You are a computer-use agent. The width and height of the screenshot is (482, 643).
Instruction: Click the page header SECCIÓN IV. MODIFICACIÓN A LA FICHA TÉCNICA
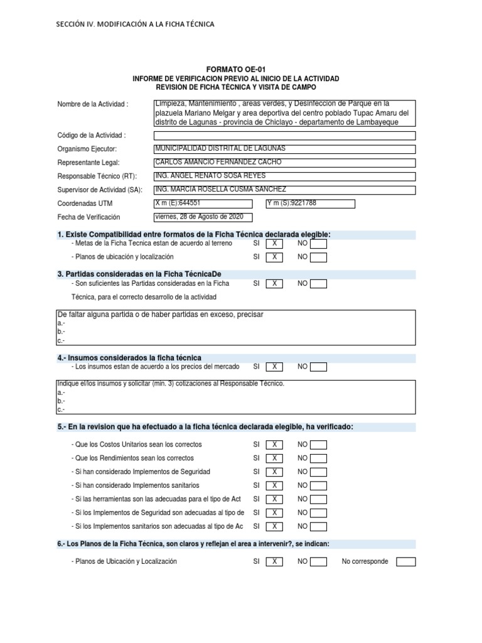[135, 24]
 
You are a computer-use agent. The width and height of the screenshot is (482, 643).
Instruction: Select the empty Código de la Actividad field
[284, 135]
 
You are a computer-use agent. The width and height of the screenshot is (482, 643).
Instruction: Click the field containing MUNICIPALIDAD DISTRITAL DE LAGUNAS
[284, 149]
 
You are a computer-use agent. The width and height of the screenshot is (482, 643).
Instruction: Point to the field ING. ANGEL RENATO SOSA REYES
[284, 176]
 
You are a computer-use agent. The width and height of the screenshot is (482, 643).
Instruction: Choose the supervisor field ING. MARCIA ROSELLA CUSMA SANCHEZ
[284, 190]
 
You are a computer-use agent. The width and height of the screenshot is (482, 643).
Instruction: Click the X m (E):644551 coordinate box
[203, 203]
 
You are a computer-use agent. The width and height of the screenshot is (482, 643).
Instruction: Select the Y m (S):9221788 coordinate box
[310, 203]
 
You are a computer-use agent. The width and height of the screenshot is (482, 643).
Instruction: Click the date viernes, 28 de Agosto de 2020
[203, 217]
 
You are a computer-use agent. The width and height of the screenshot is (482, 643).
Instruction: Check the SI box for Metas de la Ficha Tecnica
[274, 244]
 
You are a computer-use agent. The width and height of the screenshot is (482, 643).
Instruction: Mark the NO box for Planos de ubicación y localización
[319, 257]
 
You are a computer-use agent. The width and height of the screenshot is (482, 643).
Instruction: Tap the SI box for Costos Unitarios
[274, 445]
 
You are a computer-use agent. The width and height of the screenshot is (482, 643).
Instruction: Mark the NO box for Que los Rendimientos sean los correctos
[319, 458]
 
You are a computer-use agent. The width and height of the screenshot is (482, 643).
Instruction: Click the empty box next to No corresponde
[406, 561]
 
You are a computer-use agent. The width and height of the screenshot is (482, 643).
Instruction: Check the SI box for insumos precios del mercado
[274, 367]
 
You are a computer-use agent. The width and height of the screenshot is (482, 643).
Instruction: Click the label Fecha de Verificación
[88, 217]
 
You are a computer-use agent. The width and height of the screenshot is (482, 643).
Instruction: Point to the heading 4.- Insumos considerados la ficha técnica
[129, 357]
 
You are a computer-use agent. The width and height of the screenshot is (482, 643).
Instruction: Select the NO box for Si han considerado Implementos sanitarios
[319, 485]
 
